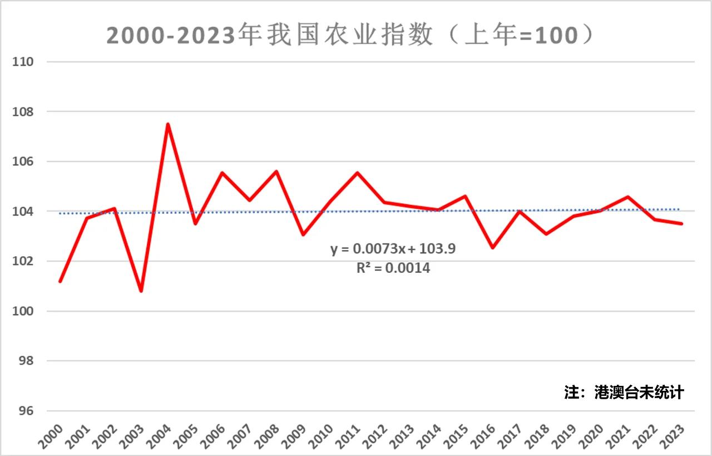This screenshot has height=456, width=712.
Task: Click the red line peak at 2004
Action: click(168, 124)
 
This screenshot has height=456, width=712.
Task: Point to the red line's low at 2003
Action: click(141, 291)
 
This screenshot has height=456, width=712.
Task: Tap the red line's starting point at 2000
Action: click(60, 281)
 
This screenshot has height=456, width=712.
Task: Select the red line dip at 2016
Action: click(492, 247)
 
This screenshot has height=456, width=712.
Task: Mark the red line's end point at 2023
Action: click(681, 224)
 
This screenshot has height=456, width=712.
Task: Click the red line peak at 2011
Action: click(357, 173)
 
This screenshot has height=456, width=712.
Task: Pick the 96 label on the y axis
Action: click(24, 411)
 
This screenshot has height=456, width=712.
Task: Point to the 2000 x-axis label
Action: click(51, 437)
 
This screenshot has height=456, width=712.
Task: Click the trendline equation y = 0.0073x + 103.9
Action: click(393, 249)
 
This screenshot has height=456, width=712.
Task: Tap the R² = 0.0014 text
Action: click(393, 268)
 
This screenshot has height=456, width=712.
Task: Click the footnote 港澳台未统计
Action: click(639, 392)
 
